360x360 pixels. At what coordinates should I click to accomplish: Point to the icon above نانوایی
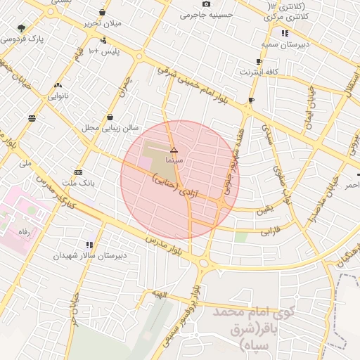(58, 86)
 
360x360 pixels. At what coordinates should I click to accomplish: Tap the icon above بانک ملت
(78, 172)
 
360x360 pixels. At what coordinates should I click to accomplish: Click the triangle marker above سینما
(174, 150)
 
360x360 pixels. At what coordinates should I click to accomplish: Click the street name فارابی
(271, 231)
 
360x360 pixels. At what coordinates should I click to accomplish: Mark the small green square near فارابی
(241, 237)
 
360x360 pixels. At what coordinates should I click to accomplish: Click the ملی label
(27, 164)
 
